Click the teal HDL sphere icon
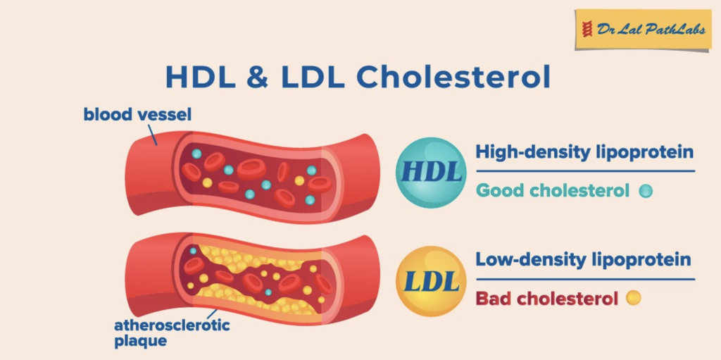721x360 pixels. point(431,173)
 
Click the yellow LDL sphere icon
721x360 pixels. point(431,281)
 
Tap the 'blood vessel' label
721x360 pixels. point(137,114)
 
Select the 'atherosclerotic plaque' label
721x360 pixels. point(172,333)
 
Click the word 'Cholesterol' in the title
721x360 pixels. point(453,77)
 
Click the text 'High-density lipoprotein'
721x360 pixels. point(584,151)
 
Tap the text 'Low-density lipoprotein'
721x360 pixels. point(583,260)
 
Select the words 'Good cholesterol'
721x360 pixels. point(553,190)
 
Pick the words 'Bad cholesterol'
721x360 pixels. point(547,298)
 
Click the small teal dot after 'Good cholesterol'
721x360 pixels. point(646,191)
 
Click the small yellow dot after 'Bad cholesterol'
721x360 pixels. point(634,298)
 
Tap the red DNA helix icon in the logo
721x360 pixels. point(587,30)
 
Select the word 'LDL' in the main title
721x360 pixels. point(313,77)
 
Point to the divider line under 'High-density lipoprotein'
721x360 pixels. point(585,171)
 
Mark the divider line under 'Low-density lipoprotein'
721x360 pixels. point(585,279)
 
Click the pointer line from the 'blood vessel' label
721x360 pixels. point(153,135)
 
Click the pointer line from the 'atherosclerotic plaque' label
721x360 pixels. point(212,314)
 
